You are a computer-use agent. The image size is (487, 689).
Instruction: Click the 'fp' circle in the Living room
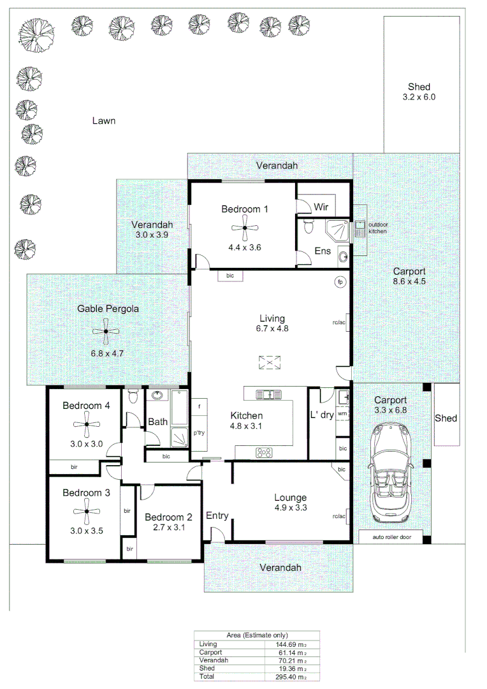click(340, 281)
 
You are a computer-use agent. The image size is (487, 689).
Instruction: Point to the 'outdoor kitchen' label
click(377, 228)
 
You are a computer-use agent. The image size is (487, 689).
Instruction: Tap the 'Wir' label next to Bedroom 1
click(320, 207)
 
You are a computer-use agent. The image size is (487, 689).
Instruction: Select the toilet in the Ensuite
click(309, 226)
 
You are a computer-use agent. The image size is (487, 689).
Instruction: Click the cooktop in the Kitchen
click(264, 452)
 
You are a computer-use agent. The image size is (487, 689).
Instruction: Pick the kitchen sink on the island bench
click(269, 394)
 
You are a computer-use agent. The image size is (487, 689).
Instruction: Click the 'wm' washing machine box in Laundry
click(342, 413)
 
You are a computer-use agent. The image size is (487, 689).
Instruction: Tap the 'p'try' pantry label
click(198, 433)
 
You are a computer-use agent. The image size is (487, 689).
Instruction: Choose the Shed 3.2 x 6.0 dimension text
click(419, 98)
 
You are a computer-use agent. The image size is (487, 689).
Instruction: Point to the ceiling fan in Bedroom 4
click(86, 424)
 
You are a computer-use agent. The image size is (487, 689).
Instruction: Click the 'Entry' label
click(217, 515)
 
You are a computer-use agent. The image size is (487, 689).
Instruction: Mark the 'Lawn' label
click(103, 121)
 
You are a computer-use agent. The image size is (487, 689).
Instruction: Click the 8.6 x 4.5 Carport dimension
click(409, 281)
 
